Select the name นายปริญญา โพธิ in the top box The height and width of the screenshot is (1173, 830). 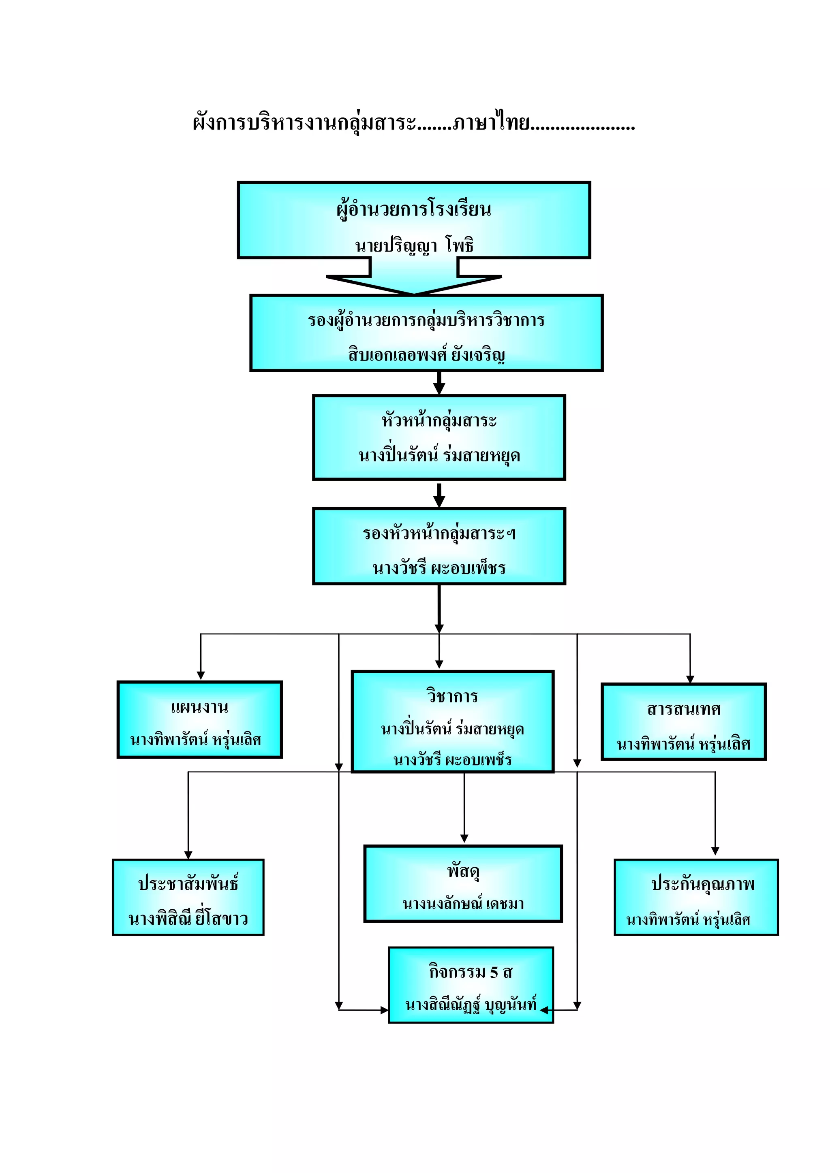[415, 246]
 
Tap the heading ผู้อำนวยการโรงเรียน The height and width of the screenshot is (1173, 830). [414, 209]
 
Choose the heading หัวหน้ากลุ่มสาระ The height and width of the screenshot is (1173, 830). [439, 421]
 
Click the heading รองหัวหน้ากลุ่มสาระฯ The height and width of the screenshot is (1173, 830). [439, 534]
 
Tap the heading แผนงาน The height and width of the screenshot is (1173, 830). [199, 707]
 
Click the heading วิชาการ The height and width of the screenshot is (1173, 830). [452, 696]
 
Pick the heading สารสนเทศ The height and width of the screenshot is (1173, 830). [683, 709]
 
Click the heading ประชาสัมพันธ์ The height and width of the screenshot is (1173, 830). [188, 883]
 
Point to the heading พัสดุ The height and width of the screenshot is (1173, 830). [463, 870]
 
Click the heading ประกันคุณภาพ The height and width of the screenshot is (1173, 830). [702, 883]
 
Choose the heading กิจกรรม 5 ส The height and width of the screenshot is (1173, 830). [470, 972]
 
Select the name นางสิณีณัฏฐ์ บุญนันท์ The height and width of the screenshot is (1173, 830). [470, 1005]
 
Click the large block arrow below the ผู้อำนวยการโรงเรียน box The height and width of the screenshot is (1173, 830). [414, 278]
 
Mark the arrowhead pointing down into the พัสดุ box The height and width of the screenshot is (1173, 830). [464, 838]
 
